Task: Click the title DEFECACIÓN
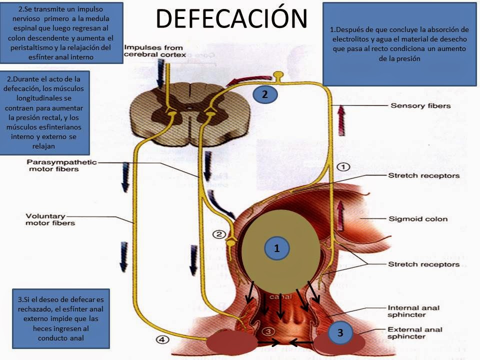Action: (x=231, y=18)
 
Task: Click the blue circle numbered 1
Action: (x=276, y=247)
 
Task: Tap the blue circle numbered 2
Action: (x=265, y=94)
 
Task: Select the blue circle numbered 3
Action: (x=340, y=332)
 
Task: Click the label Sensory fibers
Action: (x=420, y=106)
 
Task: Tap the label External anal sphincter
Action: (x=415, y=333)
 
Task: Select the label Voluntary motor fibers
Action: (x=50, y=219)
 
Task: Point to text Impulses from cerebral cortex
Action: (x=154, y=51)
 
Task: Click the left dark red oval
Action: (x=231, y=343)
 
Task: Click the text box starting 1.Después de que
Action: (x=399, y=44)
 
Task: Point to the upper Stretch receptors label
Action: (x=423, y=176)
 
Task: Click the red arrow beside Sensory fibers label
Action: (x=341, y=120)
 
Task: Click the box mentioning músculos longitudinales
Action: (x=45, y=112)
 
